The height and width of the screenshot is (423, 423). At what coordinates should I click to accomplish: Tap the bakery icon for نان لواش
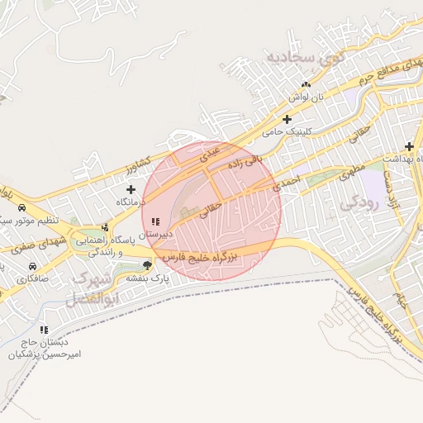(307, 84)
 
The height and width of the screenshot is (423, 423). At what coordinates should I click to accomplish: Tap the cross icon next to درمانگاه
(131, 190)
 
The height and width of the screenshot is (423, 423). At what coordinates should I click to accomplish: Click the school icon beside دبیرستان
(155, 221)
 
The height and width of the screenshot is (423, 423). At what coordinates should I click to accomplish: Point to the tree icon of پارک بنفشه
(147, 265)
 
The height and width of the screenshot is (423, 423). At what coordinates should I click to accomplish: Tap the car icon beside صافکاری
(31, 267)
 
